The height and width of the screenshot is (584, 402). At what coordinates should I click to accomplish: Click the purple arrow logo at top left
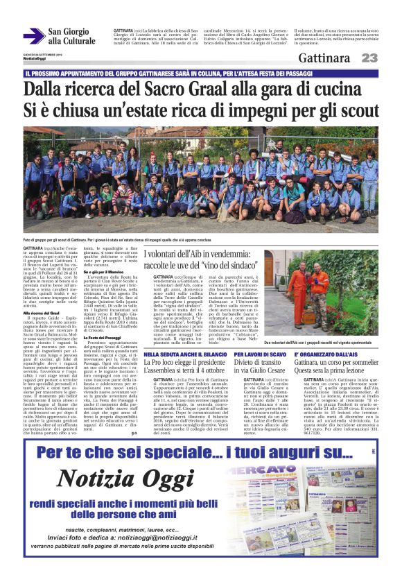click(33, 37)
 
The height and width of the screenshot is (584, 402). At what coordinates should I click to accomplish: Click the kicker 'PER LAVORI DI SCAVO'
click(257, 354)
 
